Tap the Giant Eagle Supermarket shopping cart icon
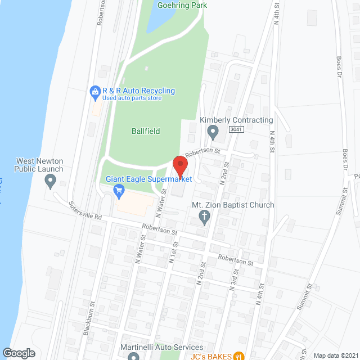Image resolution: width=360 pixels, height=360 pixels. pyautogui.click(x=119, y=191)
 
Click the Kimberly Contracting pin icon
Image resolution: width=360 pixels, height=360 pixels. pyautogui.click(x=213, y=133)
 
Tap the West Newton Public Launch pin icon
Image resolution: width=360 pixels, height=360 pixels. pyautogui.click(x=50, y=181)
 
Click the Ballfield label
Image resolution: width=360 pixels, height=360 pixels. pyautogui.click(x=146, y=131)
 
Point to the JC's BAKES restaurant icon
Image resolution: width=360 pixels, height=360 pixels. pyautogui.click(x=238, y=355)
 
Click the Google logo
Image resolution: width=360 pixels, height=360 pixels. pyautogui.click(x=18, y=353)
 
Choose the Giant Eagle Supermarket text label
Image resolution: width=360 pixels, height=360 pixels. pyautogui.click(x=149, y=179)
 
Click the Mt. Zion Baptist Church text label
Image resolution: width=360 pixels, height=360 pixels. pyautogui.click(x=233, y=205)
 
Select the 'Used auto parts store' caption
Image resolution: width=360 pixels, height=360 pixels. pyautogui.click(x=132, y=98)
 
